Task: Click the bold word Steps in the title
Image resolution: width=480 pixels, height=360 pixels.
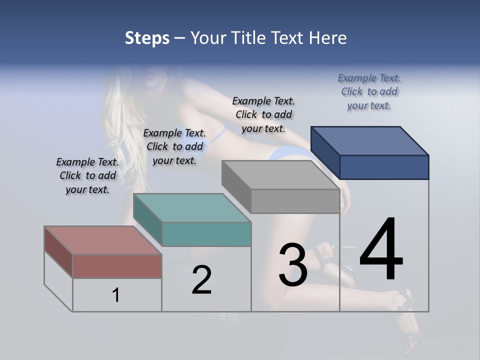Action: click(x=147, y=38)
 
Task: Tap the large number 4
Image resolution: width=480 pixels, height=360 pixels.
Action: click(x=381, y=250)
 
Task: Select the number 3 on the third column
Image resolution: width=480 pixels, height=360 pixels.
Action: click(x=292, y=265)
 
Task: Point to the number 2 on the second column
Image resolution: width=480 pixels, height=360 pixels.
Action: click(x=201, y=280)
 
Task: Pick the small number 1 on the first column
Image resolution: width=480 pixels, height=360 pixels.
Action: click(x=116, y=295)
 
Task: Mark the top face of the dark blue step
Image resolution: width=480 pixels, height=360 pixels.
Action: click(x=370, y=140)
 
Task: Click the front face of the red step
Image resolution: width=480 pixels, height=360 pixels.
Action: click(x=117, y=266)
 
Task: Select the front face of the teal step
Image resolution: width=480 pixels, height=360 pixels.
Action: click(x=206, y=234)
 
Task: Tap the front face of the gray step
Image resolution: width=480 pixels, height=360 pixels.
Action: click(x=295, y=201)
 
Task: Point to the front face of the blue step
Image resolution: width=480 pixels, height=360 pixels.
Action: click(x=384, y=167)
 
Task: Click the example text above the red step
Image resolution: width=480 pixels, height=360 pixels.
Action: click(x=87, y=175)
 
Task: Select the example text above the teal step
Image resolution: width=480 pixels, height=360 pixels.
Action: click(x=174, y=146)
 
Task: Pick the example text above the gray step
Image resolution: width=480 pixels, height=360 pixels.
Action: click(x=263, y=114)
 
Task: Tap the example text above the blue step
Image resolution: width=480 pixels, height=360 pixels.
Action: click(x=369, y=91)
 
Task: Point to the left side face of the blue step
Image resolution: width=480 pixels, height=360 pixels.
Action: click(x=325, y=152)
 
